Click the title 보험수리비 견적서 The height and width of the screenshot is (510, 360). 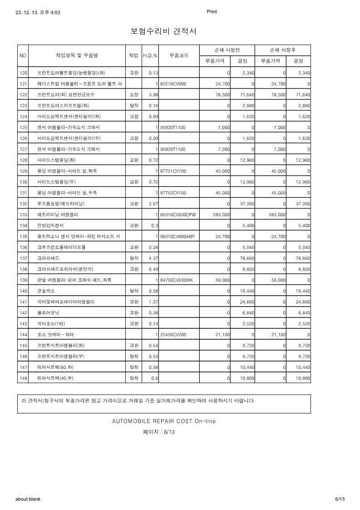[x=163, y=31]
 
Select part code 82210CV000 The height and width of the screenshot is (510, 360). [x=173, y=84]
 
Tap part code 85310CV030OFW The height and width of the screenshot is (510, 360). [x=178, y=214]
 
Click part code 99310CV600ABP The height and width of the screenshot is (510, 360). [x=178, y=236]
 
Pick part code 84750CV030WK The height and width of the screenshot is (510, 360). [x=177, y=280]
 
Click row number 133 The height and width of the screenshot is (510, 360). [x=24, y=214]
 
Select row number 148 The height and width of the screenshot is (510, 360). [x=24, y=378]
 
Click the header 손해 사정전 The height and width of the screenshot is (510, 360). [x=227, y=50]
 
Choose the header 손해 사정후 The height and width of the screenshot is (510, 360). [x=283, y=50]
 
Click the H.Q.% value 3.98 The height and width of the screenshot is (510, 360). [x=153, y=95]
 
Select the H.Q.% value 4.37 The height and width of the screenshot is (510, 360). [x=153, y=258]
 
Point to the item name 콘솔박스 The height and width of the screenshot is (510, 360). [x=46, y=291]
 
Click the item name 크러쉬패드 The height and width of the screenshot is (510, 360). [x=48, y=258]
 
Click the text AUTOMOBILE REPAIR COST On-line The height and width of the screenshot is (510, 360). [x=164, y=421]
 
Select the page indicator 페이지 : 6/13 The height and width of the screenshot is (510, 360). [x=159, y=432]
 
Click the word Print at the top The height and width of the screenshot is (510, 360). [x=212, y=12]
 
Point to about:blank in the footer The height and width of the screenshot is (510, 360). [x=28, y=499]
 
